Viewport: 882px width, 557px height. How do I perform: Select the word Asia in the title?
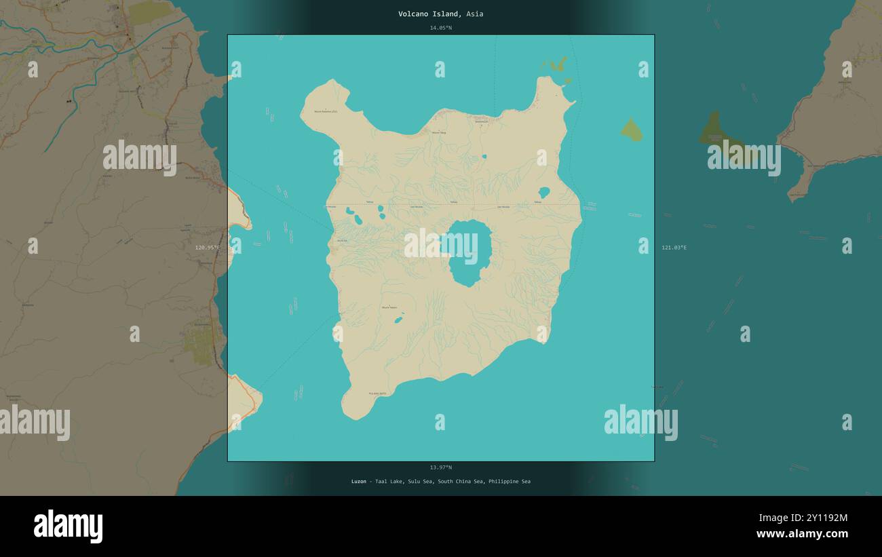pos(475,14)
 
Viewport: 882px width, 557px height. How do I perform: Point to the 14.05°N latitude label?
pos(440,28)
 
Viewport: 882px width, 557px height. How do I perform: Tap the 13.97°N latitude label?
pos(440,467)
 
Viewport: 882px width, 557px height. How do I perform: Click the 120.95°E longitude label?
pos(207,248)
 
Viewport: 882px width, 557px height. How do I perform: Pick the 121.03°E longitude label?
pos(674,248)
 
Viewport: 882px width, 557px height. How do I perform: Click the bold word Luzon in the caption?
pos(358,482)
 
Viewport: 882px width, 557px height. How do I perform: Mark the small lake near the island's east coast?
pos(543,192)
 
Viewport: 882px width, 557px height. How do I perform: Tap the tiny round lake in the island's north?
pos(484,156)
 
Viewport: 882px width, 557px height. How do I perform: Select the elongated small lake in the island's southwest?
pos(398,320)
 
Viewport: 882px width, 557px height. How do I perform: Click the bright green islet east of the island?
pos(632,130)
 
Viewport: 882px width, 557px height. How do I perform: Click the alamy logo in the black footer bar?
pos(68,526)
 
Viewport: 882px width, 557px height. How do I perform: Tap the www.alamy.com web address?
pos(803,534)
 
